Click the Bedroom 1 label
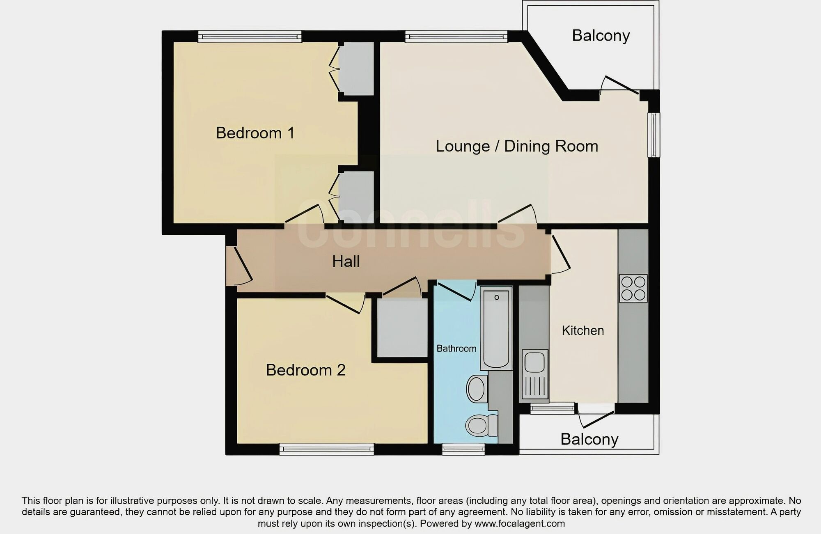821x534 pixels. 255,133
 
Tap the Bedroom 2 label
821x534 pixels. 305,370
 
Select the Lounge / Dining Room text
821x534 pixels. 516,146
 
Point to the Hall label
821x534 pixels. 346,261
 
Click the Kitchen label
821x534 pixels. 582,330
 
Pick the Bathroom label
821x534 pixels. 456,348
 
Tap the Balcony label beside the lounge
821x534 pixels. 601,36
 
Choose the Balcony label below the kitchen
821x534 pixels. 589,439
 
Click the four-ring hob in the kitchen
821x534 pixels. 633,289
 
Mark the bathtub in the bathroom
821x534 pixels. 496,328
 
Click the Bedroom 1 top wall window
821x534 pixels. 250,37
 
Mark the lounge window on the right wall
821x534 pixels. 654,135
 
